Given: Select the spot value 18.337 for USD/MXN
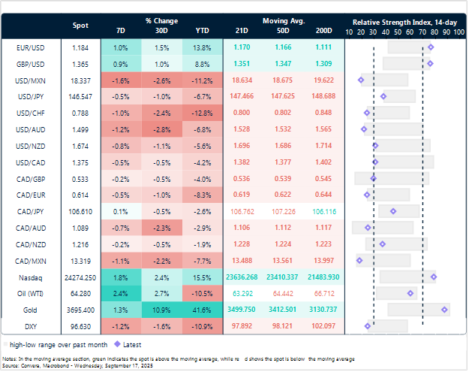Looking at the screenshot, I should [x=80, y=79].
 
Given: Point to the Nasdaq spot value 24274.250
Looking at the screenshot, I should [x=80, y=277].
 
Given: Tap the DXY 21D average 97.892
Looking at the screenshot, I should [x=242, y=326].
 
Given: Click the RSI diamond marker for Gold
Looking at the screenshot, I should [x=446, y=310].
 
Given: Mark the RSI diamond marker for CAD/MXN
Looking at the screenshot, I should [x=359, y=260].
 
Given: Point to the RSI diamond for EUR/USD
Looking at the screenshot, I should [x=431, y=47].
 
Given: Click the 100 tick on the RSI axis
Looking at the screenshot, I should [x=458, y=32].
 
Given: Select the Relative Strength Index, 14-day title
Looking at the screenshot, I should [x=402, y=22].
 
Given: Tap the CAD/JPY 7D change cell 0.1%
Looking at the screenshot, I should [x=121, y=211].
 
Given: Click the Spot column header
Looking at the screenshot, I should [x=80, y=26].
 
